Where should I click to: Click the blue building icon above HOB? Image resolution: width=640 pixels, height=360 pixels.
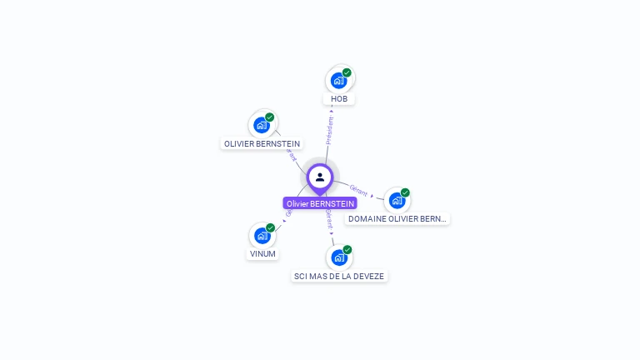pos(338,81)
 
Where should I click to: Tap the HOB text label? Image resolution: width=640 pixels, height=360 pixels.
pos(339,99)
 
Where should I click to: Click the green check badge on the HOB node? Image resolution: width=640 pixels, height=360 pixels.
pos(347,72)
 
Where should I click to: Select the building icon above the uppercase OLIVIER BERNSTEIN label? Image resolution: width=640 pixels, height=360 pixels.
pos(262,126)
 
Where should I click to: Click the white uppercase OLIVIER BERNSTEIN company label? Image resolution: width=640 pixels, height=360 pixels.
pos(262,143)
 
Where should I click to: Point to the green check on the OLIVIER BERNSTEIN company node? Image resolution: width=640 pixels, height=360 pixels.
pos(270,117)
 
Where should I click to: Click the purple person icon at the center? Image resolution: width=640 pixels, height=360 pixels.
pos(320,177)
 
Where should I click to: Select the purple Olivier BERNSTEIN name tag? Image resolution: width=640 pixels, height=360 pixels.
pos(320,203)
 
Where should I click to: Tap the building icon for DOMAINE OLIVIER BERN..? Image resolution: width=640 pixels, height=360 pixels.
pos(397,201)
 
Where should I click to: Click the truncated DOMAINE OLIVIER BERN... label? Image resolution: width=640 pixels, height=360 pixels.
pos(397,219)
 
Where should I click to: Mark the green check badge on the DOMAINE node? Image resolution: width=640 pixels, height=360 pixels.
pos(405,192)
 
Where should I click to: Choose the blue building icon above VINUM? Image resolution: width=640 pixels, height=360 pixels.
pos(262,236)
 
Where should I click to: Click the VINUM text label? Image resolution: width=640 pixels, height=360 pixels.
pos(262,254)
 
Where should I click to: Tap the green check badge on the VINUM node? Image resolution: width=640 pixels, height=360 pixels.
pos(271,227)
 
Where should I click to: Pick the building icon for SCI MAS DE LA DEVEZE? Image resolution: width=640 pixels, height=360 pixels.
pos(339,257)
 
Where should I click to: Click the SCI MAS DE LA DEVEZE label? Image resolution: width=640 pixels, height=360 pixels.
pos(340,276)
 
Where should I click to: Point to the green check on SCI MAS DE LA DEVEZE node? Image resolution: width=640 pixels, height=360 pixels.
pos(347,249)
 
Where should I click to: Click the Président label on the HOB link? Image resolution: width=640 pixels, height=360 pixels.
pos(330,131)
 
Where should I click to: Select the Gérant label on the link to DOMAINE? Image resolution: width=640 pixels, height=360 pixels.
pos(359,188)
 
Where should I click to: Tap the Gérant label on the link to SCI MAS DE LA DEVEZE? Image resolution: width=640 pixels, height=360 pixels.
pos(329,220)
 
